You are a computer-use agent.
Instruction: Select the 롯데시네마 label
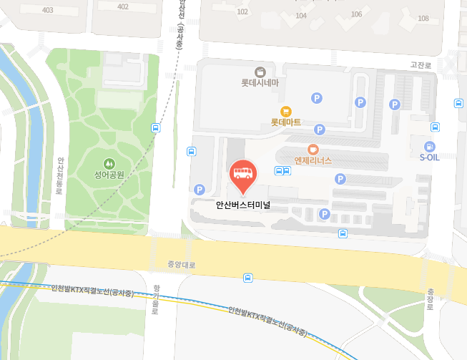[260, 83]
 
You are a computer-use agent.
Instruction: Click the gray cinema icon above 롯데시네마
[260, 72]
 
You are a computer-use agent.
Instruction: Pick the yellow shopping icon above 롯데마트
[286, 111]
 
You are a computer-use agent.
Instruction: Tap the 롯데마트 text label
[286, 122]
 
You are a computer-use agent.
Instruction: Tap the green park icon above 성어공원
[109, 163]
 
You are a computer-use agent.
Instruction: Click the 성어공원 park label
[109, 175]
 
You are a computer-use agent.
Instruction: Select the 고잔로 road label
[421, 65]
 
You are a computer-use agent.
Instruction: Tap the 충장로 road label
[431, 299]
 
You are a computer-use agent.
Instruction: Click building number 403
[48, 9]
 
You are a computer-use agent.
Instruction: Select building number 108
[423, 19]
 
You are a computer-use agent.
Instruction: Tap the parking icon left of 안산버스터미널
[200, 190]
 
